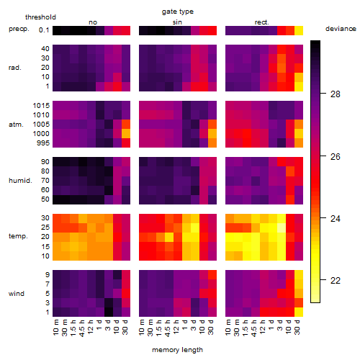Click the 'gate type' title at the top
click(178, 12)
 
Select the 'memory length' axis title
click(177, 350)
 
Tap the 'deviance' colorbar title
click(341, 29)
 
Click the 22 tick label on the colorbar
click(336, 280)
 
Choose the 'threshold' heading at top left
click(40, 17)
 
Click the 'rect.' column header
click(261, 22)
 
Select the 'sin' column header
click(177, 22)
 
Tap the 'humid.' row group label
click(20, 181)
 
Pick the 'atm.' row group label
click(16, 125)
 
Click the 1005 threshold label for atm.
click(41, 125)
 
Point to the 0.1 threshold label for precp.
click(44, 30)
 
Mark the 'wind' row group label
click(17, 294)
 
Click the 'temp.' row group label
click(18, 236)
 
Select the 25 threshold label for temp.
click(45, 227)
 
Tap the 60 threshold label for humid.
click(45, 190)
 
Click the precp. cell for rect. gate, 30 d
click(299, 31)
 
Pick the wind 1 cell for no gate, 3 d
click(109, 312)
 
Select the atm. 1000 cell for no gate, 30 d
click(126, 134)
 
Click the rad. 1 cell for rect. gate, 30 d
click(299, 86)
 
